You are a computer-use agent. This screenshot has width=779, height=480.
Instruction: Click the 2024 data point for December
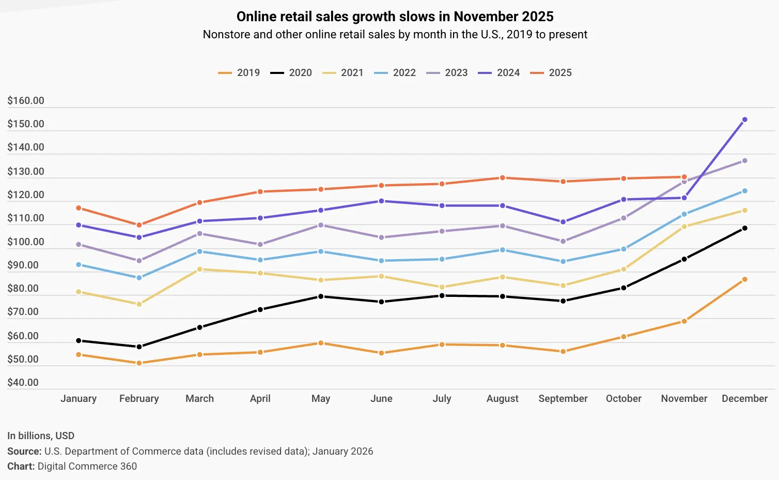[744, 119]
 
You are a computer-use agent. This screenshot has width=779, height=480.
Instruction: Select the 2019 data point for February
[139, 363]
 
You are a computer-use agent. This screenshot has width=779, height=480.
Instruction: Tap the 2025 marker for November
[684, 177]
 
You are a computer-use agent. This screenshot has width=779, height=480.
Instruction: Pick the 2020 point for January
[79, 340]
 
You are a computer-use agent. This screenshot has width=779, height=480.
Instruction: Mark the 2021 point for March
[199, 269]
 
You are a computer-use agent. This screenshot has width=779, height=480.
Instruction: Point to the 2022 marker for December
[744, 191]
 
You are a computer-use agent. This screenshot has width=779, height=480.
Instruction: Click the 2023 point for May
[321, 225]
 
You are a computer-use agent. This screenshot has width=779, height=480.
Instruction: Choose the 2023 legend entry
[447, 73]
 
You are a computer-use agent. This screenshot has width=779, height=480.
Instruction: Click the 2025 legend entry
[551, 73]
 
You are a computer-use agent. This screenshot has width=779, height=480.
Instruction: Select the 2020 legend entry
[291, 73]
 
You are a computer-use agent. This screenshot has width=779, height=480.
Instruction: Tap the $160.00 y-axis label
[26, 101]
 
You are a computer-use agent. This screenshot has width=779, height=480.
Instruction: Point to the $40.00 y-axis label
[23, 383]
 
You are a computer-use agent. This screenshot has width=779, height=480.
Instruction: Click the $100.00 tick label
[26, 242]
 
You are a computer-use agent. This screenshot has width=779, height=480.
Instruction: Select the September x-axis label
[563, 399]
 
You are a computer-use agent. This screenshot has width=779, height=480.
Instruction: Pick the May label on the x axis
[321, 399]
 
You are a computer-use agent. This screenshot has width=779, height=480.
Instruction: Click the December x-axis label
[744, 399]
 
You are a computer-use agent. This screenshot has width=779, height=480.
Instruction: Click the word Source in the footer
[24, 451]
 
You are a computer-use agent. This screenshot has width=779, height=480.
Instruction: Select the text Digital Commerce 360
[87, 466]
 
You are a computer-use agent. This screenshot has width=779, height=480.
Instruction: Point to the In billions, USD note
[41, 436]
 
